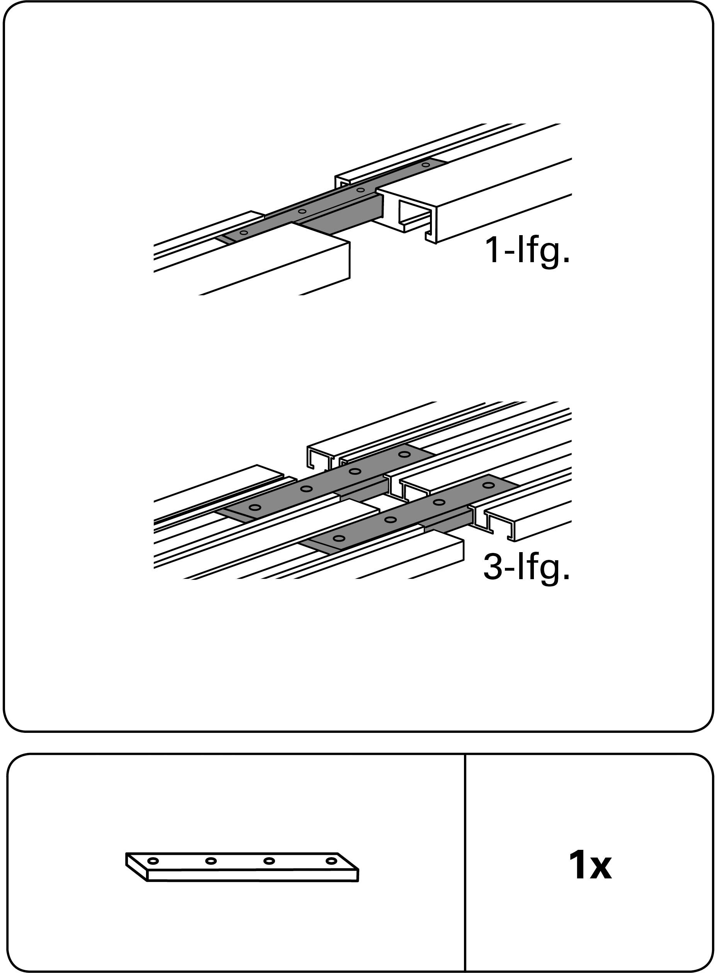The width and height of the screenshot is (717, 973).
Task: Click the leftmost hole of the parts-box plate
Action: (153, 861)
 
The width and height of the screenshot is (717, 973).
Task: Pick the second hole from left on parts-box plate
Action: (211, 861)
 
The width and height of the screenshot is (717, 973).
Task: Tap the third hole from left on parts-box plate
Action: (269, 861)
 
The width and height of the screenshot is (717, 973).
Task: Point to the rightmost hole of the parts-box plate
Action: (331, 860)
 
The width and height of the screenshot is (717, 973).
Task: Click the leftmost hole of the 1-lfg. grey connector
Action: (244, 233)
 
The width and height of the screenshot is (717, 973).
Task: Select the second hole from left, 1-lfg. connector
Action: (302, 212)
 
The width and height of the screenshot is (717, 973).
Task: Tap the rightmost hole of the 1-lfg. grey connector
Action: (426, 165)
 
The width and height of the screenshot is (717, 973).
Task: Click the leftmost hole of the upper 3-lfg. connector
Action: (255, 507)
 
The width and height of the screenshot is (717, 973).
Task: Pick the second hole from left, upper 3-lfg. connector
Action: (306, 489)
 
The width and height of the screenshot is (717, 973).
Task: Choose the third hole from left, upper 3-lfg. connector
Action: (355, 471)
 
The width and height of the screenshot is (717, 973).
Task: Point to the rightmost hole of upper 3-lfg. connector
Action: (405, 454)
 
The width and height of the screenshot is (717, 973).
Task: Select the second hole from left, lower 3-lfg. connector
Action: (391, 520)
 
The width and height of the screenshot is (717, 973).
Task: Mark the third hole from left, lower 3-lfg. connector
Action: (439, 502)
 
